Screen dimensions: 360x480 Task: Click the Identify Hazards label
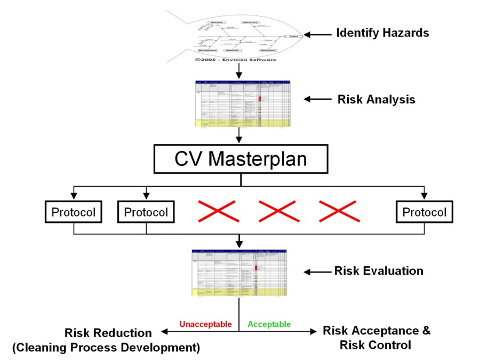pyautogui.click(x=382, y=33)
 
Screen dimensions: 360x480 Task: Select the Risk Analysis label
pyautogui.click(x=376, y=100)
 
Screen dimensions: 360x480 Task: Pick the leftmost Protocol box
pyautogui.click(x=73, y=212)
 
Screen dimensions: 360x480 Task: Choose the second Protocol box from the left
pyautogui.click(x=146, y=212)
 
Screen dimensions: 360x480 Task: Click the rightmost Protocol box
pyautogui.click(x=424, y=212)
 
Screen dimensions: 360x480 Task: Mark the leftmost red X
pyautogui.click(x=217, y=211)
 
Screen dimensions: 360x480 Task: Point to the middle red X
pyautogui.click(x=277, y=211)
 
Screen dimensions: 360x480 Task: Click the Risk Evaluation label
pyautogui.click(x=379, y=271)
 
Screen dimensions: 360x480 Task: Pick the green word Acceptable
pyautogui.click(x=269, y=324)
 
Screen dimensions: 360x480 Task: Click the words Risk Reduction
pyautogui.click(x=108, y=333)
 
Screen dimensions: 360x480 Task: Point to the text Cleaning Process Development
pyautogui.click(x=106, y=348)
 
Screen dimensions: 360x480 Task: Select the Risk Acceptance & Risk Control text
pyautogui.click(x=377, y=338)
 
